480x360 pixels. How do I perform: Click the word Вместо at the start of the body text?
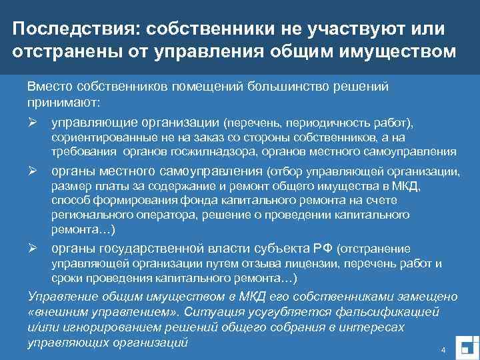pos(51,87)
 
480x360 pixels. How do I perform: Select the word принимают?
pos(63,103)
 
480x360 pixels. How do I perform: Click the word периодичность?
pos(320,123)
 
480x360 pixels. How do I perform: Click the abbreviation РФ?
pos(321,249)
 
